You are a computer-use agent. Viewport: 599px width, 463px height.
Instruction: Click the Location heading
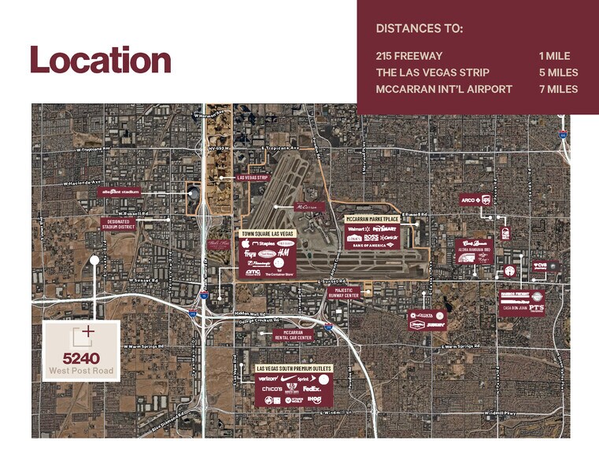click(101, 61)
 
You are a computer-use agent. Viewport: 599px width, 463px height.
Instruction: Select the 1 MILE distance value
click(554, 56)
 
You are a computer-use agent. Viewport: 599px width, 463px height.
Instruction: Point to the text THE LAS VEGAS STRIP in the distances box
click(432, 72)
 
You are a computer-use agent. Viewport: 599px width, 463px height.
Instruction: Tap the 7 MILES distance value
click(558, 89)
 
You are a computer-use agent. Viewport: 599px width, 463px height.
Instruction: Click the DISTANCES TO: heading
click(420, 29)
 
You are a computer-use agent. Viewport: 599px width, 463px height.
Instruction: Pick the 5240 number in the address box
click(81, 358)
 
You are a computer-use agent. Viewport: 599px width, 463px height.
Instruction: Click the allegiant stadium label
click(120, 191)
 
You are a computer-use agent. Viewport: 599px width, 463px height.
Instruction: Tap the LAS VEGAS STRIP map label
click(253, 178)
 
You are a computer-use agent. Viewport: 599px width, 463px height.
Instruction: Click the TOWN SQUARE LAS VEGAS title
click(268, 234)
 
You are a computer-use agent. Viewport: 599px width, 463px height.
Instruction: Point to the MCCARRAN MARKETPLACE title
click(372, 218)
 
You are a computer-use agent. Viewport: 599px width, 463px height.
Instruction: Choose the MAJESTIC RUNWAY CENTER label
click(344, 293)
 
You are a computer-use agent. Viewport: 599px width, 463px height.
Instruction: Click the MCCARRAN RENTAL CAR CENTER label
click(293, 335)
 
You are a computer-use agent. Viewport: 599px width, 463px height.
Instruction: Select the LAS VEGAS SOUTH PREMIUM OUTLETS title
click(294, 368)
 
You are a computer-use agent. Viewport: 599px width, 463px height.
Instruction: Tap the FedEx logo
click(311, 388)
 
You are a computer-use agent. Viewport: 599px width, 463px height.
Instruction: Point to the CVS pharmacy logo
click(542, 266)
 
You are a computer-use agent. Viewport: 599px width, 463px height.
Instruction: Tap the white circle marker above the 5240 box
click(94, 259)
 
